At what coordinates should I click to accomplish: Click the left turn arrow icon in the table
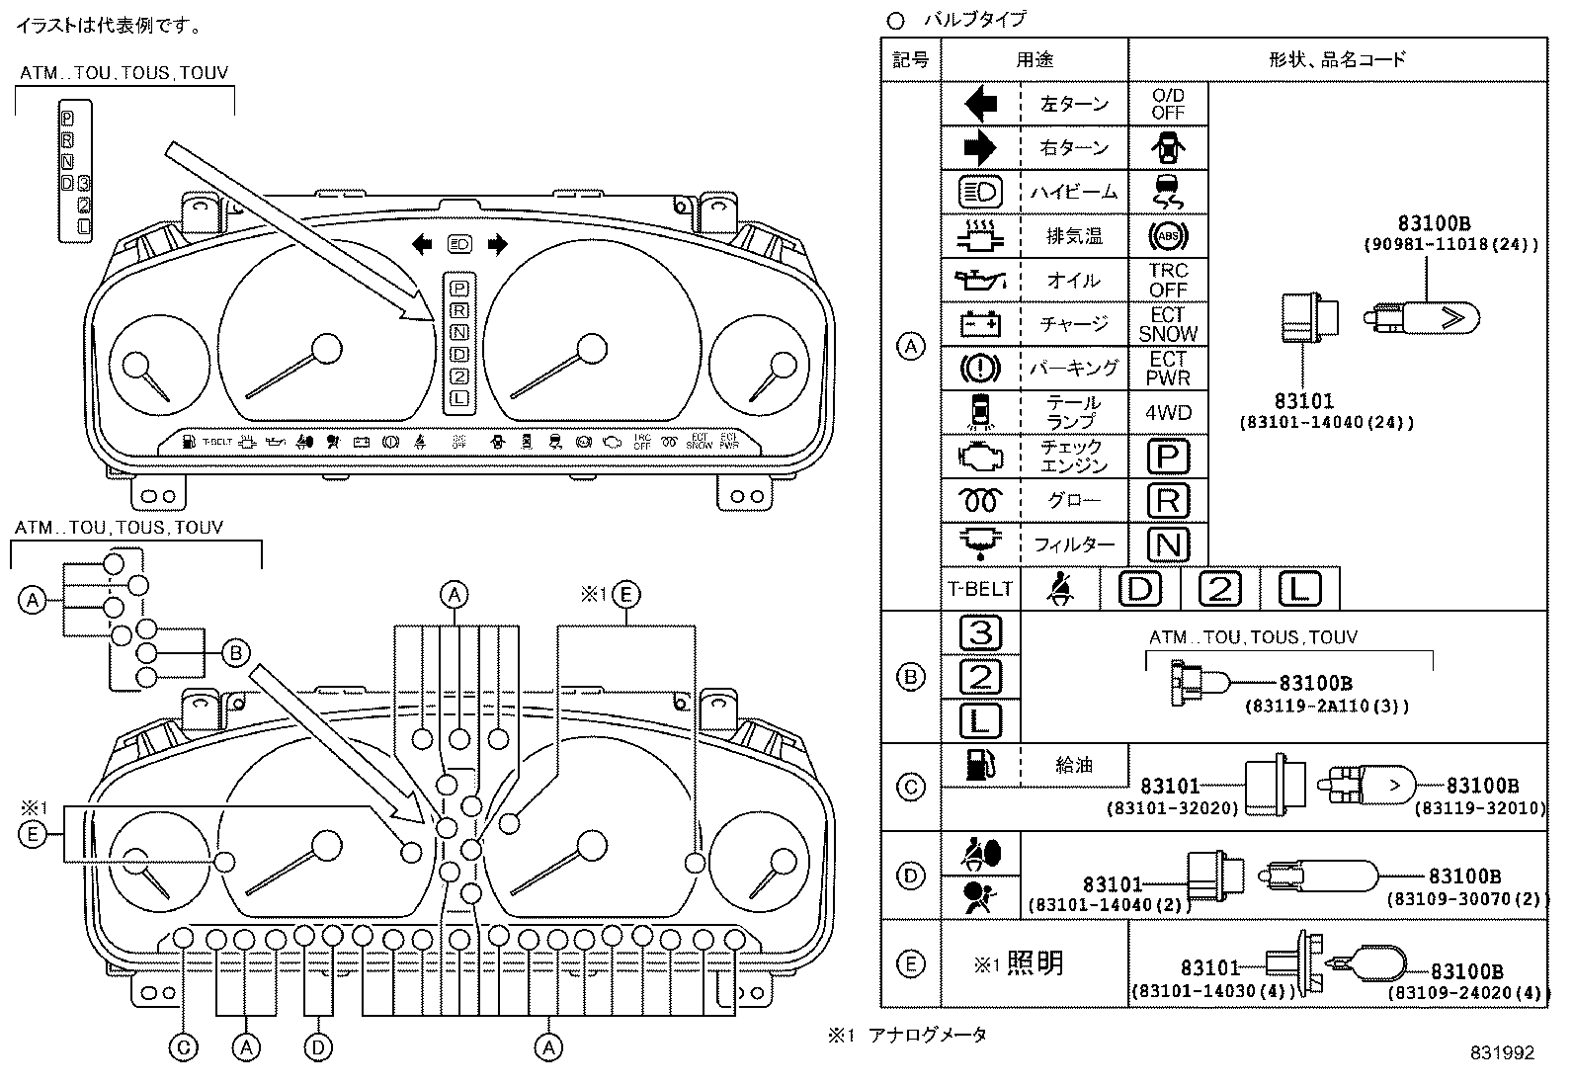[x=979, y=104]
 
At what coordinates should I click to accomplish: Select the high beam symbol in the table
[x=979, y=192]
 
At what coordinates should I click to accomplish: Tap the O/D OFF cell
[x=1167, y=104]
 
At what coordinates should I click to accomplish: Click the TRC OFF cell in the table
[x=1167, y=280]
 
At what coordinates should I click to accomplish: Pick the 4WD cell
[x=1167, y=412]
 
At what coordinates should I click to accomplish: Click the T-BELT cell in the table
[x=979, y=589]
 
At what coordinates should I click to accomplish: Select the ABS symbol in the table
[x=1167, y=236]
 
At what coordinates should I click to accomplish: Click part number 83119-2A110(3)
[x=1326, y=706]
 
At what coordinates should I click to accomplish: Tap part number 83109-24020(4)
[x=1466, y=993]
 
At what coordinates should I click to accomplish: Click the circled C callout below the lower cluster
[x=184, y=1046]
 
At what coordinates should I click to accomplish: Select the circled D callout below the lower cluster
[x=317, y=1046]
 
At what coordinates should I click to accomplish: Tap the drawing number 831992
[x=1501, y=1053]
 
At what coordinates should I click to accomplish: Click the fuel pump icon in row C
[x=979, y=764]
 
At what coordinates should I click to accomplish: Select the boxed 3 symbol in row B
[x=980, y=632]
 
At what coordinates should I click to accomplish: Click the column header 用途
[x=1034, y=60]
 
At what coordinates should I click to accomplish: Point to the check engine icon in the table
[x=979, y=457]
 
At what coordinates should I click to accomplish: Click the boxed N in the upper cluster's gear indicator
[x=459, y=333]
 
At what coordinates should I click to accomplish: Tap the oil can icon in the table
[x=979, y=281]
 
